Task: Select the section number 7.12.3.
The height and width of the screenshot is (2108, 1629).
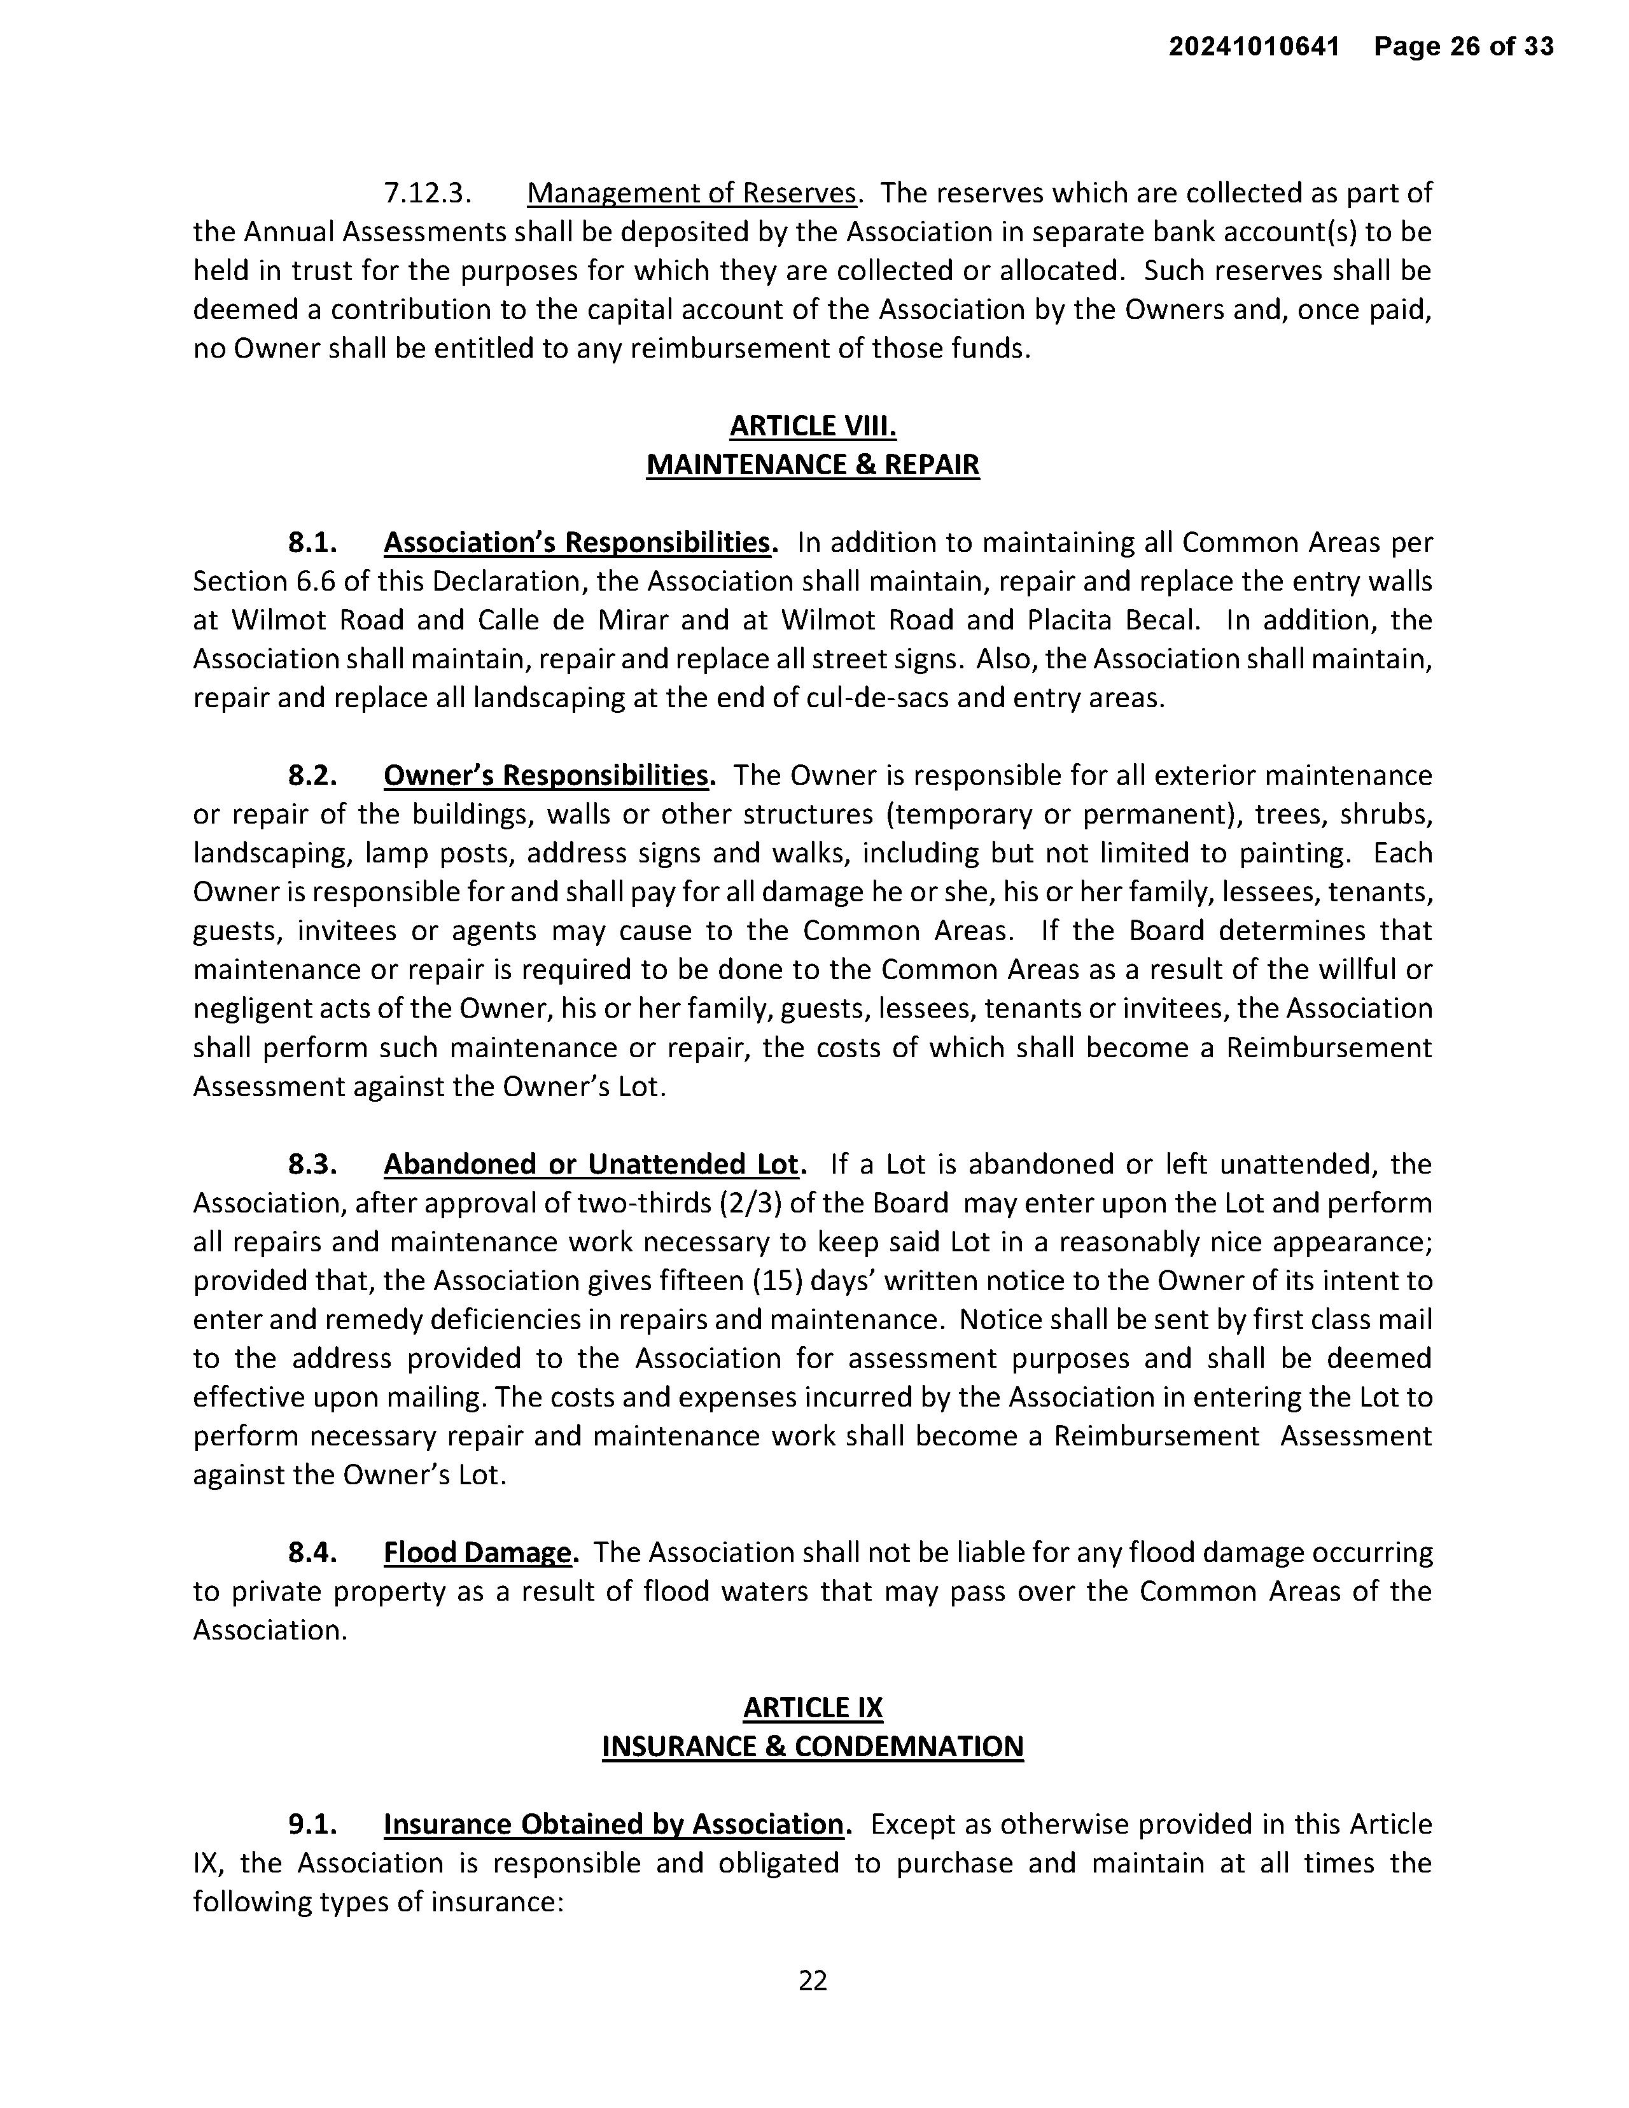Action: pos(428,193)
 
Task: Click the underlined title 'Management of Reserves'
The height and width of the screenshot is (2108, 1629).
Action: pos(691,193)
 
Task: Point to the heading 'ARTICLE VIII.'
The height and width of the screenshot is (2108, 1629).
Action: pos(813,426)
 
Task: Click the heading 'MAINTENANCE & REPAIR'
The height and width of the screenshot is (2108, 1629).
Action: pos(813,464)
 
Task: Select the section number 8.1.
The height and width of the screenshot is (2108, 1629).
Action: pos(312,542)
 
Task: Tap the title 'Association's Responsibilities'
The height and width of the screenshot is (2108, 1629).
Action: pos(577,542)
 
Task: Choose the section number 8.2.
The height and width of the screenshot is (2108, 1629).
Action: pos(312,775)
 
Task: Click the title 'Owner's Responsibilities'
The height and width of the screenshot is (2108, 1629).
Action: pos(546,775)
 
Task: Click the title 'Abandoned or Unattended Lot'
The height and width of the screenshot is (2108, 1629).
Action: pos(592,1164)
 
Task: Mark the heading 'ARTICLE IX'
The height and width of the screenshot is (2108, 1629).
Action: pos(813,1708)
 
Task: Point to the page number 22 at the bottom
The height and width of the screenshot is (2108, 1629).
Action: pos(813,1981)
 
